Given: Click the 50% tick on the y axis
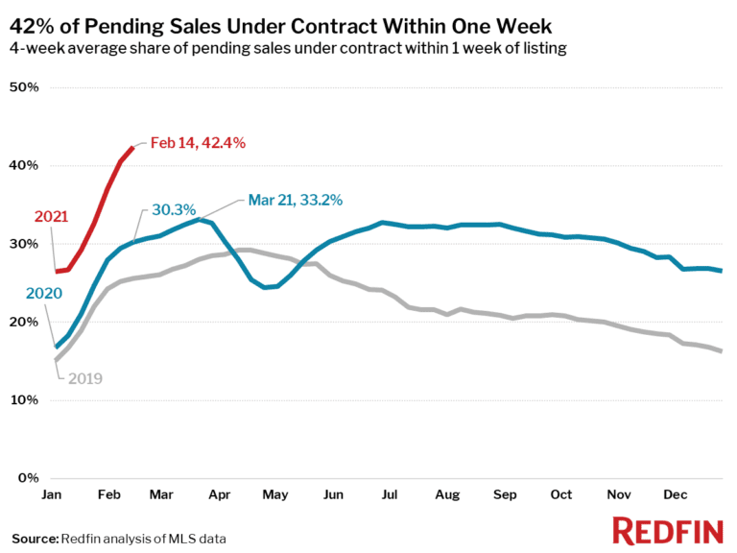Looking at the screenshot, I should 23,87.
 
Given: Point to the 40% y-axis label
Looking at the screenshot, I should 23,165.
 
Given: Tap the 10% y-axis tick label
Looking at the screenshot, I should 23,399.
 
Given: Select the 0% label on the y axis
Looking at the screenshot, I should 27,477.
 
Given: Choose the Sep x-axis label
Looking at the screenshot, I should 504,494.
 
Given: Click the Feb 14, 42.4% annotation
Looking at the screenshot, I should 198,143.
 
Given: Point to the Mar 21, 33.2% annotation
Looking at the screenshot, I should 296,200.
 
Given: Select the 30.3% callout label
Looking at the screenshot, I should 173,209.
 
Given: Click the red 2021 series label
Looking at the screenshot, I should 52,217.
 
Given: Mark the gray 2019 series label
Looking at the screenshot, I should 83,378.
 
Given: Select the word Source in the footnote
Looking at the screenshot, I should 35,538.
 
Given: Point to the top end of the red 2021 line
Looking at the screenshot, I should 132,147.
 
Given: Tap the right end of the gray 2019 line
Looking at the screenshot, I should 721,351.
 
